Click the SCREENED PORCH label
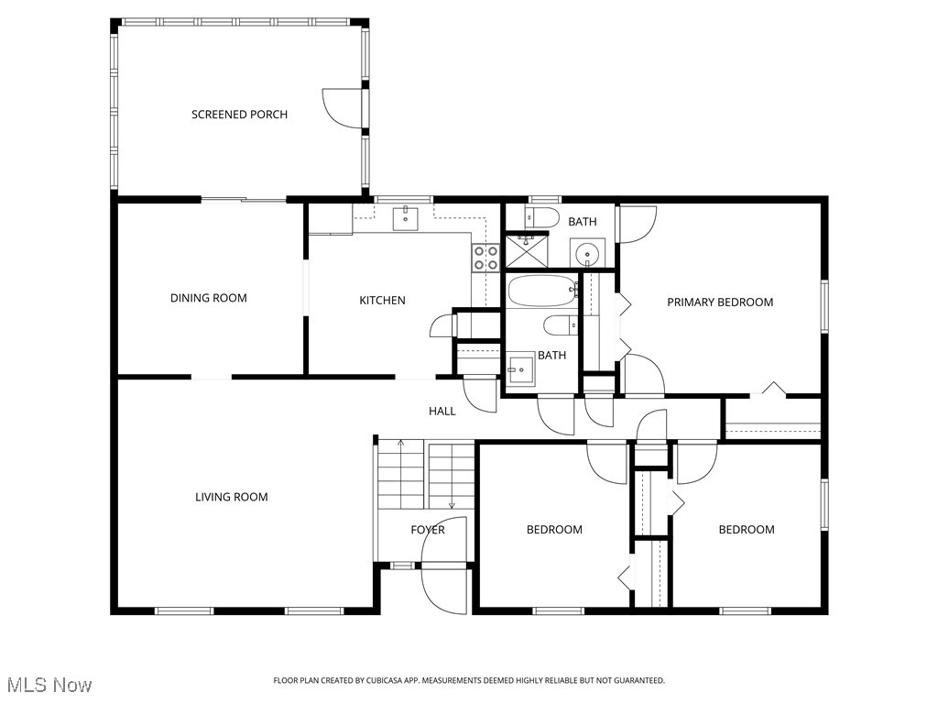(239, 115)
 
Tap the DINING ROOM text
(208, 298)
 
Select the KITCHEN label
(382, 301)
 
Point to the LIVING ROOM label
(231, 497)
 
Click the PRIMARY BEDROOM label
(719, 302)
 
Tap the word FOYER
(428, 530)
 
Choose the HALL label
(442, 412)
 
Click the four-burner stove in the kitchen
(485, 258)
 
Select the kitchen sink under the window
(406, 217)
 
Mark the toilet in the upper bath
(542, 217)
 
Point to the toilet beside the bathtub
(559, 324)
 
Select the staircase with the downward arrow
(451, 474)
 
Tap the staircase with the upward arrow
(401, 474)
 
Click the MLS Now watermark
(49, 685)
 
